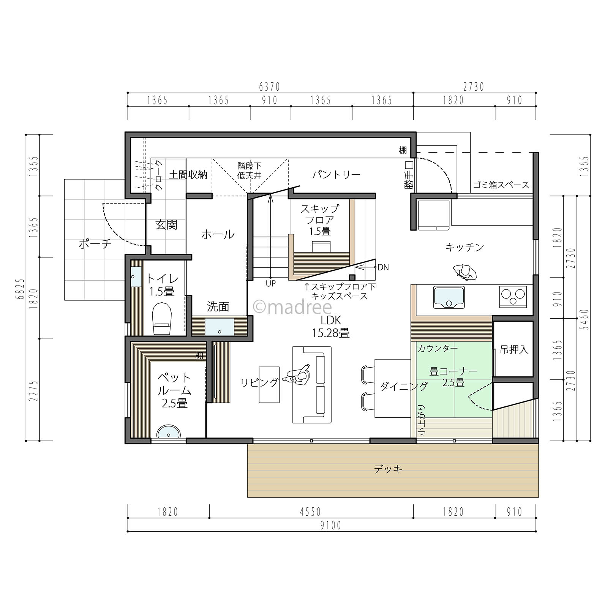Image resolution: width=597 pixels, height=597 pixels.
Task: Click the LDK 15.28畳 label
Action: [x=330, y=327]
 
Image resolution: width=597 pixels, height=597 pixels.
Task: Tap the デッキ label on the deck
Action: [x=388, y=469]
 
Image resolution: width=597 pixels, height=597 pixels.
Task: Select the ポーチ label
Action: [x=95, y=244]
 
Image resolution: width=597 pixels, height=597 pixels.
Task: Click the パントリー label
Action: [x=336, y=175]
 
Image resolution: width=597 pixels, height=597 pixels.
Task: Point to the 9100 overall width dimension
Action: [x=331, y=526]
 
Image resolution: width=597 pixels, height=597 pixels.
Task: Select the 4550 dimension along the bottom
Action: [x=311, y=512]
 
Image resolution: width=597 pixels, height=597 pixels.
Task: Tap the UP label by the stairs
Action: [x=270, y=283]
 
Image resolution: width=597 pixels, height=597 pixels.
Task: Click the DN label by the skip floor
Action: [x=383, y=267]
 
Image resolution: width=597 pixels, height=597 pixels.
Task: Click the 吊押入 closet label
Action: [x=514, y=349]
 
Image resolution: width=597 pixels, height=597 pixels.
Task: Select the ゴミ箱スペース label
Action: [x=501, y=185]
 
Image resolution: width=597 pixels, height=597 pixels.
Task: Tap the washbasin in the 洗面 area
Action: [x=220, y=327]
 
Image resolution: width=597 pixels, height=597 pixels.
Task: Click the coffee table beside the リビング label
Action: [x=269, y=384]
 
